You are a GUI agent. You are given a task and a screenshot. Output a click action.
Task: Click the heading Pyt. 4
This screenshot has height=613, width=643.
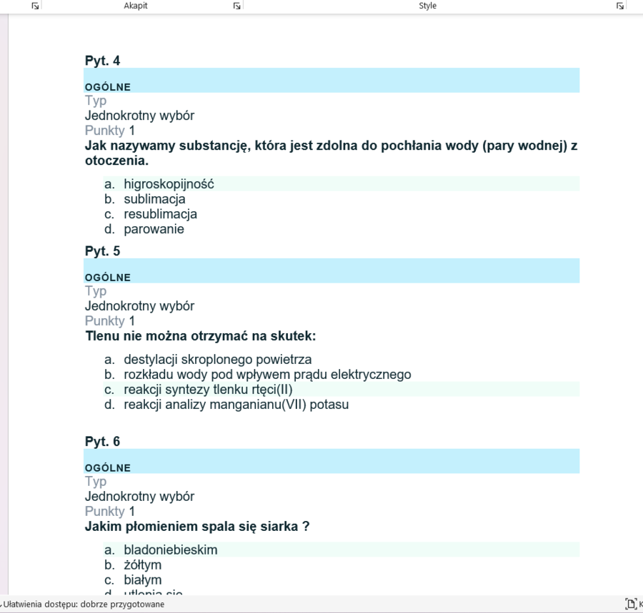coord(102,61)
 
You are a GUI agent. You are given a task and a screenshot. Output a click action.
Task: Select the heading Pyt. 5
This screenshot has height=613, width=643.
coord(102,251)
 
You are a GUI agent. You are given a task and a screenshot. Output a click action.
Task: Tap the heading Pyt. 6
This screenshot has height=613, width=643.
coord(102,442)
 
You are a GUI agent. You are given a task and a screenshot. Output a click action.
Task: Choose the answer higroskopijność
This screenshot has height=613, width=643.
coord(169,184)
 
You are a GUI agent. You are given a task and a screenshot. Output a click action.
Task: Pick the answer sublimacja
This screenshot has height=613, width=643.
coord(154,199)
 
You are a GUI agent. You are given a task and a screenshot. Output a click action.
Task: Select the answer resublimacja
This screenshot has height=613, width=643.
coord(160,214)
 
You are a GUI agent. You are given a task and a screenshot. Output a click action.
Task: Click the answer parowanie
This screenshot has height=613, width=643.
coord(154,229)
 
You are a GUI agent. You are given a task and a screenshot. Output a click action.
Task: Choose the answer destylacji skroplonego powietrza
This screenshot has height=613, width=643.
coord(217,360)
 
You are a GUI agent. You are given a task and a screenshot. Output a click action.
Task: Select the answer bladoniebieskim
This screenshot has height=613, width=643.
coord(170,550)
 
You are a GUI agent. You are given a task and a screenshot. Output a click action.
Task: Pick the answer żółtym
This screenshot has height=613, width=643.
coord(142,565)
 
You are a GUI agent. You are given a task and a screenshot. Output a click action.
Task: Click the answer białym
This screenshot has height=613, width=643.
coord(142,580)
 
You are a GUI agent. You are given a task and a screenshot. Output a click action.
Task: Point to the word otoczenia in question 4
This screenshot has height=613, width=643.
coord(114,161)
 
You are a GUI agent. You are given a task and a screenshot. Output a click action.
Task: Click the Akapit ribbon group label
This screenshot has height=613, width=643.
coord(136,6)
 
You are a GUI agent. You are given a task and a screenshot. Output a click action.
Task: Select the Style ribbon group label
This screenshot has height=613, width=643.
coord(427,6)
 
